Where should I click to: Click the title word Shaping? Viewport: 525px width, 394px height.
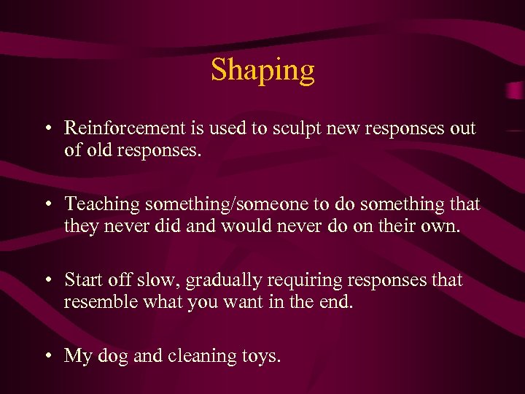click(262, 70)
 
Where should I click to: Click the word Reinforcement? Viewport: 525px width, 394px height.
click(123, 128)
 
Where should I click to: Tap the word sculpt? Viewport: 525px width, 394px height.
click(290, 128)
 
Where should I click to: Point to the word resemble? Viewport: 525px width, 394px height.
click(94, 301)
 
